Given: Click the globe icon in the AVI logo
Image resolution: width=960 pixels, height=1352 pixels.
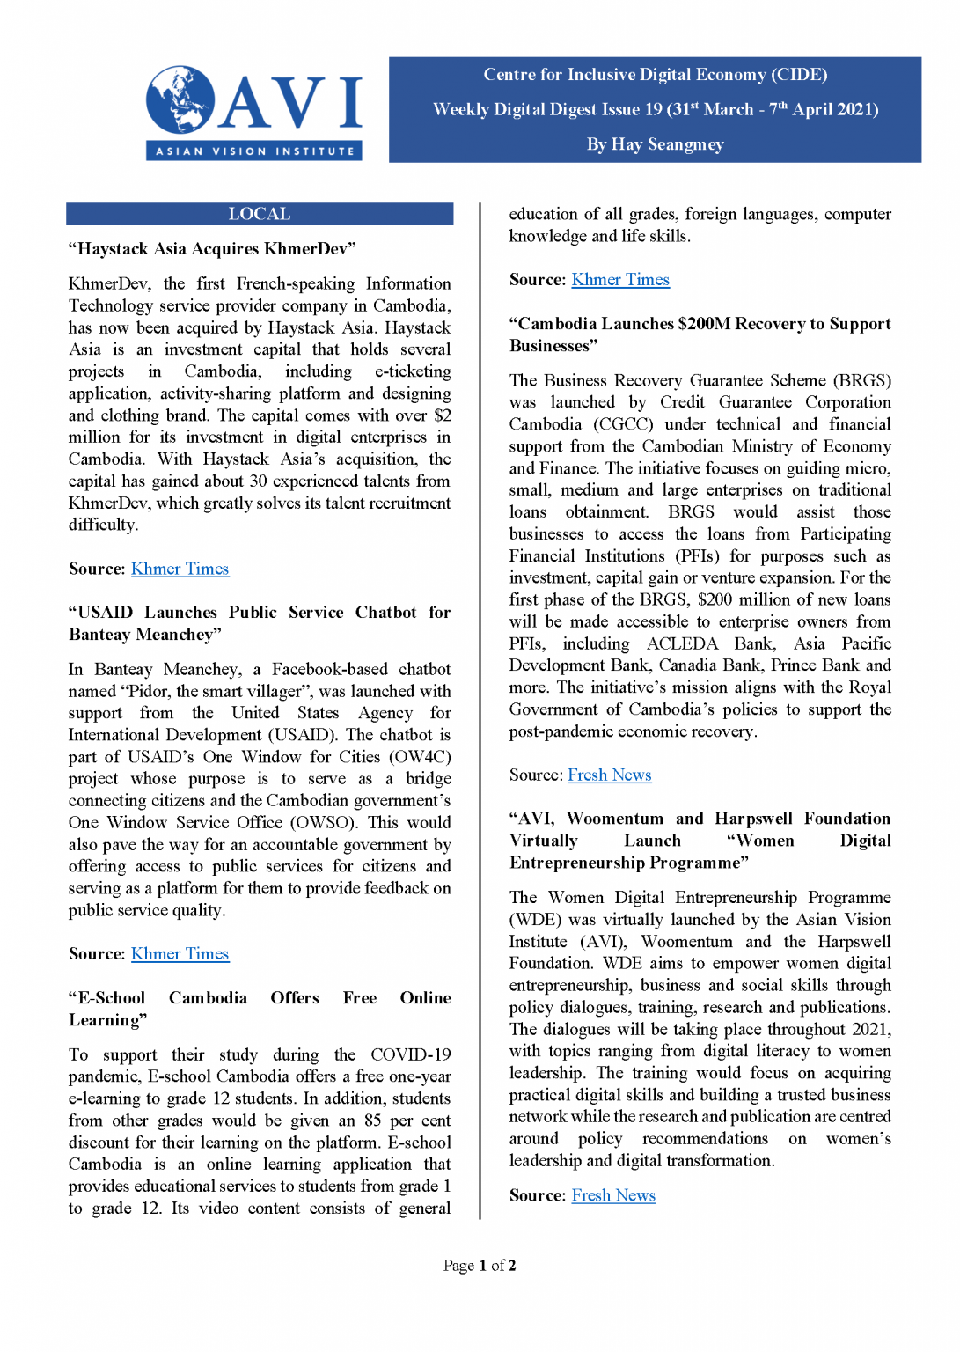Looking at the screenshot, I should [180, 99].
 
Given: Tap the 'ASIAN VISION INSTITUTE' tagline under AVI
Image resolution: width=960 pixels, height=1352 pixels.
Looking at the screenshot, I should [254, 151].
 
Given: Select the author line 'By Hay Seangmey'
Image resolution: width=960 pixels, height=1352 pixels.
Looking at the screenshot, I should [655, 144].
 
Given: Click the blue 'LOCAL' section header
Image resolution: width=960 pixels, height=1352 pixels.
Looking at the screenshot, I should [260, 214].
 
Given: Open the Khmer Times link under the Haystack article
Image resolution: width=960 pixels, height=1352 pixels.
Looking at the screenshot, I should [180, 569].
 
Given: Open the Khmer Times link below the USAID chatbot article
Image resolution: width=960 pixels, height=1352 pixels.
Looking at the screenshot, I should [180, 954].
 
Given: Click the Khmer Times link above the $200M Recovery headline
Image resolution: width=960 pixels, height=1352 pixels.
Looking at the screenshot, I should [620, 280].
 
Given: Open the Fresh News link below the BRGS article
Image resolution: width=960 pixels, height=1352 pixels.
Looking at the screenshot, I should [609, 775].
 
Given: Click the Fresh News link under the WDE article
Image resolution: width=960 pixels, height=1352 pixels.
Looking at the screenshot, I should [613, 1196].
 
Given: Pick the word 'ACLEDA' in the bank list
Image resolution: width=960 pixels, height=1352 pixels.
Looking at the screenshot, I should [682, 643].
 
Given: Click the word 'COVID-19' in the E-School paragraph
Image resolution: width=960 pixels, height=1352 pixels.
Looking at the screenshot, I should [410, 1054].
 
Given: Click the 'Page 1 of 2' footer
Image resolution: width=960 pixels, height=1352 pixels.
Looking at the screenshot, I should [480, 1266].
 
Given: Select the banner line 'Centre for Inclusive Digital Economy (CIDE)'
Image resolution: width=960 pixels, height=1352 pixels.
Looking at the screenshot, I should [655, 75].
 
